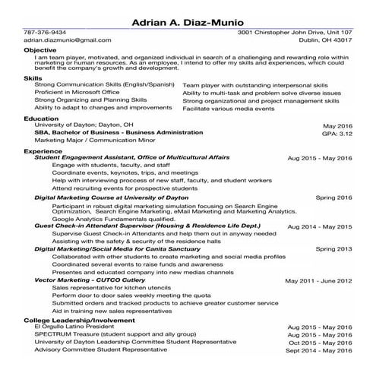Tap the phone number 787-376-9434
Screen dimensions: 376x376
coord(45,33)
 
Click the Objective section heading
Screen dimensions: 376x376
coord(40,49)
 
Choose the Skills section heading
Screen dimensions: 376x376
coord(33,78)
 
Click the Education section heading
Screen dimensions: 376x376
coord(41,118)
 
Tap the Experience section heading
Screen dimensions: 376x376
coord(43,151)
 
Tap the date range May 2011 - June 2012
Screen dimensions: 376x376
coord(318,281)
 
